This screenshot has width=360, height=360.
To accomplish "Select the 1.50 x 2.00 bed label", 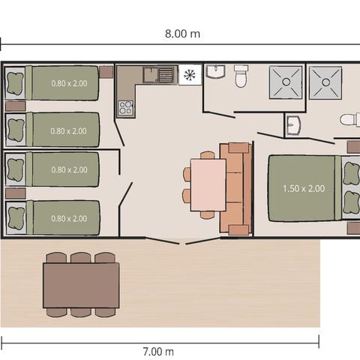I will point(304,188).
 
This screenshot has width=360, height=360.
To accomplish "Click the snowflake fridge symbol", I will point(189,75).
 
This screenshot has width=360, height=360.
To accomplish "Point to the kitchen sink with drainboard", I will point(158,75).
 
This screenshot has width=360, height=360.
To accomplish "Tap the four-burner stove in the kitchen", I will point(125,106).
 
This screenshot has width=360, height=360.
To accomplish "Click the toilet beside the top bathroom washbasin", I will point(241,76).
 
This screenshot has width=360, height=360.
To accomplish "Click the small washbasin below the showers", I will point(293,124).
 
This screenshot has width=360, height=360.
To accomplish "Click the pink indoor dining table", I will point(208,184).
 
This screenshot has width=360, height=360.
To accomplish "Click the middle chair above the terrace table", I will point(81,257).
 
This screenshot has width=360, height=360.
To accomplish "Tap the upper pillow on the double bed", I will point(349,174).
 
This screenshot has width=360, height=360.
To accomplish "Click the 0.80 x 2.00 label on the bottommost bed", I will point(68,218).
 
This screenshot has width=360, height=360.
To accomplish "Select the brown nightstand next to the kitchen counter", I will point(106,73).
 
